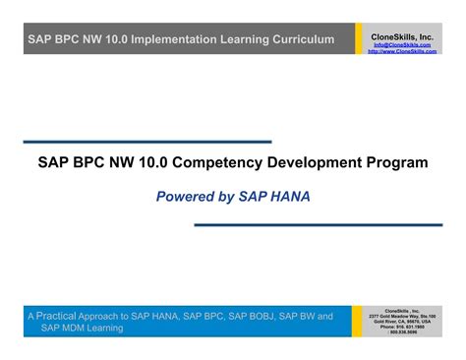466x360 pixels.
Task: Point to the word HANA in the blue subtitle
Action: [x=288, y=197]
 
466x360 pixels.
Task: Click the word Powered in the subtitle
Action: [x=187, y=197]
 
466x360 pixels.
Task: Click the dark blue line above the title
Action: [x=146, y=143]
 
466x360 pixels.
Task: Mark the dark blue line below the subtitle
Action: [x=318, y=225]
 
